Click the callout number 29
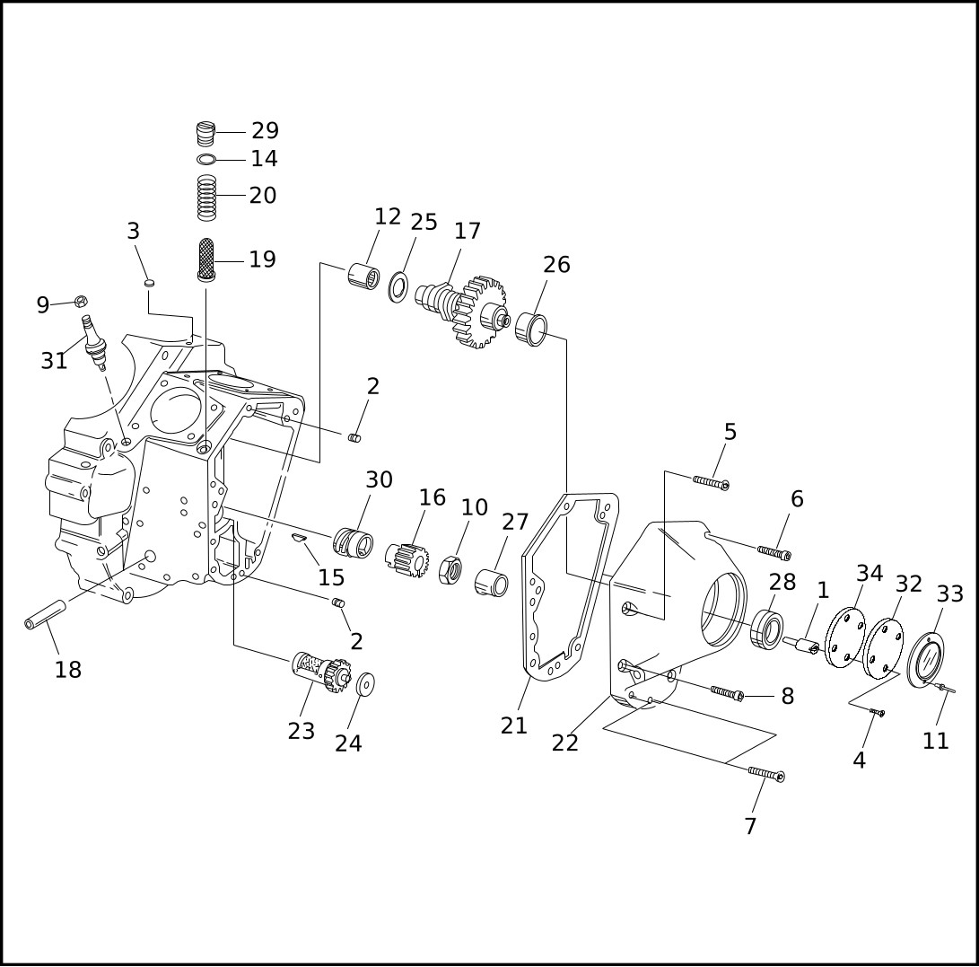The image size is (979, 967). (266, 130)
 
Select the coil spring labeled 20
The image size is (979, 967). (206, 198)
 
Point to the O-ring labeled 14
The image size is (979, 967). (206, 160)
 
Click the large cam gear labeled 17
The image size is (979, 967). (463, 310)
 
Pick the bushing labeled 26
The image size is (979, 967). (531, 329)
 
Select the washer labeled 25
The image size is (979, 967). (398, 286)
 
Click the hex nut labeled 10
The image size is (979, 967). (450, 569)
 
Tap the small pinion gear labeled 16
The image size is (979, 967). (407, 559)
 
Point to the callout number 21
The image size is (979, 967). (514, 725)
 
